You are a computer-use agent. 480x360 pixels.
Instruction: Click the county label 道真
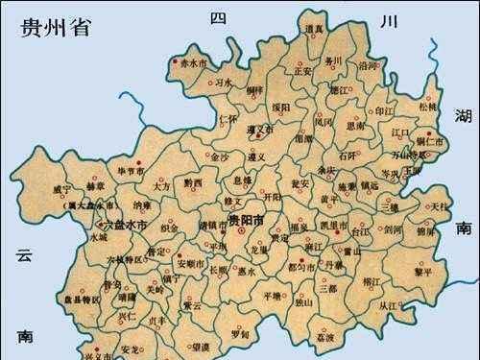pyautogui.click(x=313, y=30)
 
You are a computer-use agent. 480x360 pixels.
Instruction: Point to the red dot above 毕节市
pyautogui.click(x=137, y=160)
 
